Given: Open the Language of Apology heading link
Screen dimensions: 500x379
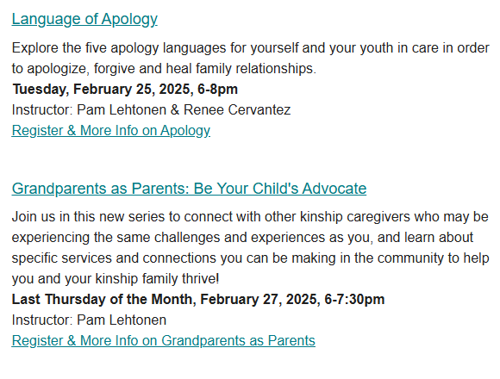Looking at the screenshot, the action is coord(84,19).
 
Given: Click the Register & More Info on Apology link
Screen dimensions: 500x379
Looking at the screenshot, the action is coord(111,131).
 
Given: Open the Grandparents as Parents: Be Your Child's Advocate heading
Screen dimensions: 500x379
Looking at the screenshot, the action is coord(189,189).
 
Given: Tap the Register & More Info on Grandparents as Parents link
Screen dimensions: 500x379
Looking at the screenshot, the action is coord(164,340).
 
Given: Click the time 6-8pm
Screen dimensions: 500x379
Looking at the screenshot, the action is coord(217,90).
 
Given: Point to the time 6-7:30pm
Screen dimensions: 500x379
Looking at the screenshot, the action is coord(354,300).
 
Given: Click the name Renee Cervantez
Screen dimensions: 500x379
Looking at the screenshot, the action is coord(237,110).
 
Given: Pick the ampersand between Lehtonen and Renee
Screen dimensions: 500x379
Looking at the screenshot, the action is coord(175,110).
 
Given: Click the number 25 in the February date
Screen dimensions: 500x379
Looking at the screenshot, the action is coord(146,90).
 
